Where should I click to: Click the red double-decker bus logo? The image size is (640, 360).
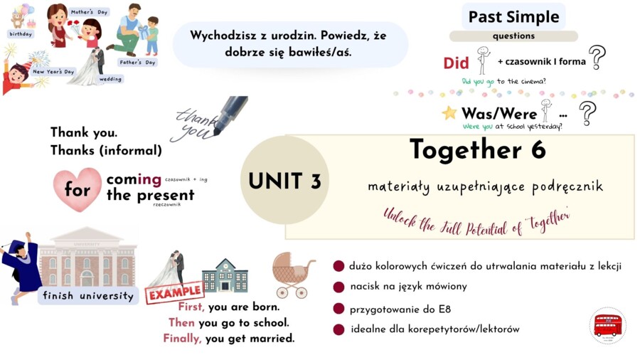point(607,325)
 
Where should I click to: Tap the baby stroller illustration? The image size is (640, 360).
point(293,274)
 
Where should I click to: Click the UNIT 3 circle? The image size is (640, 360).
point(284,181)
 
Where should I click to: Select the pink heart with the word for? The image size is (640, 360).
point(78,189)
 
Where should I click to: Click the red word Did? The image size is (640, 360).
point(456,63)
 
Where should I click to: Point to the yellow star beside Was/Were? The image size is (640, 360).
point(449,112)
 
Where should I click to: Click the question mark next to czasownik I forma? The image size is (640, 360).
point(597,57)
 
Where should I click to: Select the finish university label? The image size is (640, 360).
point(88,295)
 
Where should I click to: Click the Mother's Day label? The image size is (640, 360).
point(88,12)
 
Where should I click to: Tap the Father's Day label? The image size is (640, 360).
point(136,63)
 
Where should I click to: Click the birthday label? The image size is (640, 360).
point(21,33)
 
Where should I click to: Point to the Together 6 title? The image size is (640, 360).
point(478,149)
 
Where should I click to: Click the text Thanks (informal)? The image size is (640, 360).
point(106,150)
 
